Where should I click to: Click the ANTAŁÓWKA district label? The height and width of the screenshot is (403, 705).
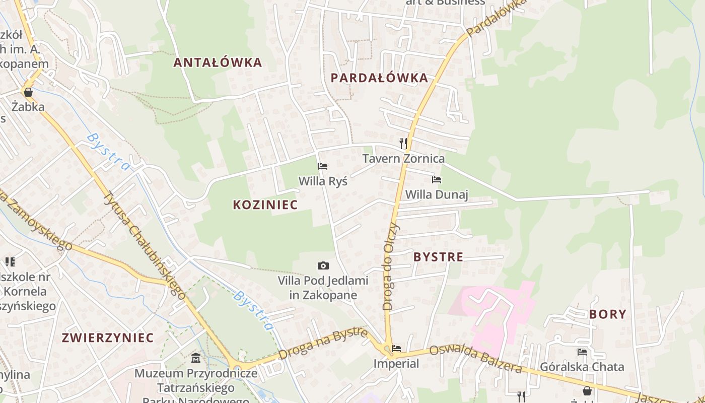point(218,62)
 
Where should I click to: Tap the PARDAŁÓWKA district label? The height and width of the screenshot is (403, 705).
point(379,78)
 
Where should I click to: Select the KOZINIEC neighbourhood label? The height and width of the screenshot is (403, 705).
point(265,205)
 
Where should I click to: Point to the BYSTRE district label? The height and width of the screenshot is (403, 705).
point(438,257)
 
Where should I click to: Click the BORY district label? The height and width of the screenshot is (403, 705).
point(607,314)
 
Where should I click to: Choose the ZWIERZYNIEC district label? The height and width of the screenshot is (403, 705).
point(107,338)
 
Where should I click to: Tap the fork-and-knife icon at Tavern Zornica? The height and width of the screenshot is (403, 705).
point(403,144)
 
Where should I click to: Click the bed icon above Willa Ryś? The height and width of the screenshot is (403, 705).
point(323,166)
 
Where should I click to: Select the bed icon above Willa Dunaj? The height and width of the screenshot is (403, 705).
point(437,180)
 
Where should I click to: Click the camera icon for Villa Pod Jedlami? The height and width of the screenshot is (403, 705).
point(323,265)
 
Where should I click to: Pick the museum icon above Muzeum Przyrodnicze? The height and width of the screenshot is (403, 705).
point(196,358)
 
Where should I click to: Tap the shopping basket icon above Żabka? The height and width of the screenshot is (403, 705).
point(28,92)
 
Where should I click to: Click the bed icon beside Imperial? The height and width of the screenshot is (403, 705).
point(397,349)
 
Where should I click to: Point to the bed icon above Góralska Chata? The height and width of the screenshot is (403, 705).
point(582,352)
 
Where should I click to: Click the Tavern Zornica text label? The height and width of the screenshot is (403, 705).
point(404,159)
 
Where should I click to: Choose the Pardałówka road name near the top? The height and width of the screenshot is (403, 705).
point(496,18)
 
